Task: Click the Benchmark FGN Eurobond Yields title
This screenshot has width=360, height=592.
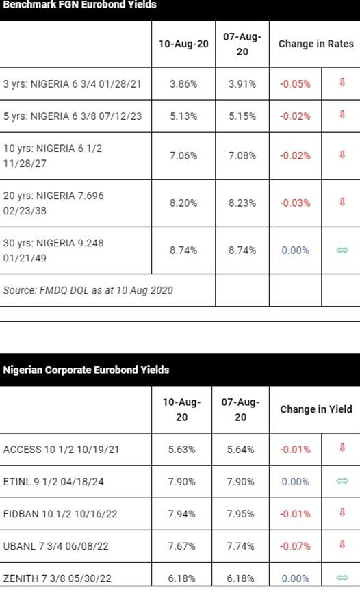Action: click(79, 5)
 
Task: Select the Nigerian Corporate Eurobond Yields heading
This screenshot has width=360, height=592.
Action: click(86, 370)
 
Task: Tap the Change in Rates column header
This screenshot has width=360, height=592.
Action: click(316, 44)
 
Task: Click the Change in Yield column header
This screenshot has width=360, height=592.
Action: click(316, 409)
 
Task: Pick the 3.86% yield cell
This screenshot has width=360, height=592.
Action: click(183, 83)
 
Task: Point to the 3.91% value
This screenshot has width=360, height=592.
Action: click(242, 83)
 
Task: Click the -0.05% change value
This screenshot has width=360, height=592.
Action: click(296, 83)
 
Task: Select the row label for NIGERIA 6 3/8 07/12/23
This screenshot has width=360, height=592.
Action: click(73, 116)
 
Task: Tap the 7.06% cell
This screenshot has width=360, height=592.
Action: click(183, 155)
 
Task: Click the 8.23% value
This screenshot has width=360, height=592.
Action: click(242, 203)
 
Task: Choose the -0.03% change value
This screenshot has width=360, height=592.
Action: click(296, 203)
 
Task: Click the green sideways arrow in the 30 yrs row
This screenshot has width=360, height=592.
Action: click(342, 250)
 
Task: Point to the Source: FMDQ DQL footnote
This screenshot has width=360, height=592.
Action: click(88, 290)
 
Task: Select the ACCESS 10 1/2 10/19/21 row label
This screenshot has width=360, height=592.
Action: click(61, 449)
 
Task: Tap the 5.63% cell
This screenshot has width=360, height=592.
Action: click(181, 449)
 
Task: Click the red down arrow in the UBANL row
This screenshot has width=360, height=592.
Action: click(342, 544)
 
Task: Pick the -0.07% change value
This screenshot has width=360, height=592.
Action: click(296, 546)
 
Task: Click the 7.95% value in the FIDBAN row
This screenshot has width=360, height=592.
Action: click(241, 514)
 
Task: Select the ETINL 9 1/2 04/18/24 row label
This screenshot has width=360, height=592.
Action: click(53, 482)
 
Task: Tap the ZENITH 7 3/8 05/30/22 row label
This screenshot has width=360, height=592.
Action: click(57, 578)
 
